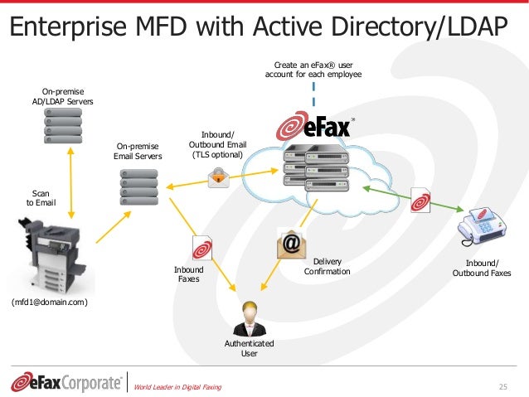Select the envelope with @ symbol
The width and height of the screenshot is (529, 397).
(x=290, y=244)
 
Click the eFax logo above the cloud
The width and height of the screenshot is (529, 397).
(x=314, y=128)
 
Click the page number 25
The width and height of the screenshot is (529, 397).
(x=502, y=386)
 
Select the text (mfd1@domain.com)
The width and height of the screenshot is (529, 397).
(x=50, y=303)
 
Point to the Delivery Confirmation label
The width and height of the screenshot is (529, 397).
(x=327, y=266)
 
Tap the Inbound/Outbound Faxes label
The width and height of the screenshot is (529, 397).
(x=482, y=268)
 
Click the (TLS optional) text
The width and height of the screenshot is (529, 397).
(x=217, y=154)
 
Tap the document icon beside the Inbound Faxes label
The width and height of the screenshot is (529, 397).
(x=202, y=248)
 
